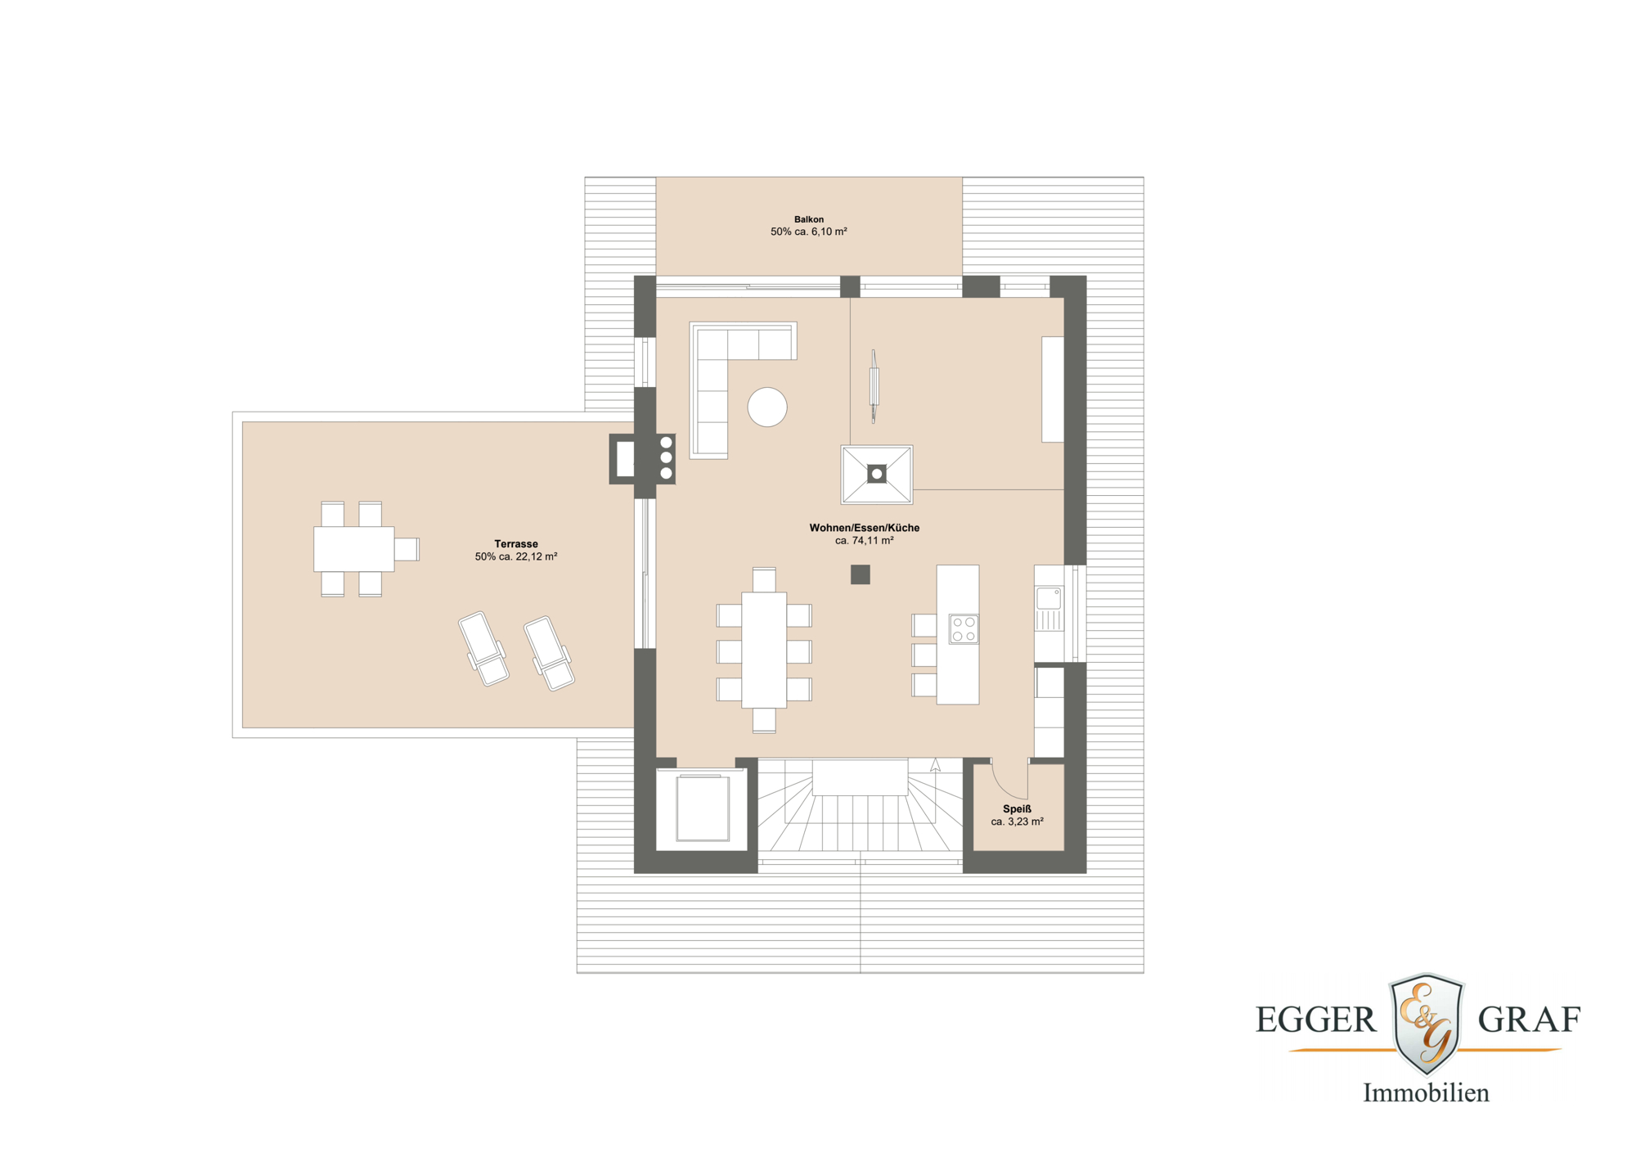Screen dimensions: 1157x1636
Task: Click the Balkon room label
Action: pos(808,219)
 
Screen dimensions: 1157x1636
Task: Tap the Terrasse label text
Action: pos(515,543)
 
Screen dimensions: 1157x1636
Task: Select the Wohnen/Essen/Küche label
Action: pos(864,528)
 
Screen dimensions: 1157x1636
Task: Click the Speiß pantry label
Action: pos(1017,808)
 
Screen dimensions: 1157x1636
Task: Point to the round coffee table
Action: pos(767,407)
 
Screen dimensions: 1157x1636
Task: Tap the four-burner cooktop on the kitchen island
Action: pos(964,629)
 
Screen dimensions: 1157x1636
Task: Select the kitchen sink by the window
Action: pos(1049,598)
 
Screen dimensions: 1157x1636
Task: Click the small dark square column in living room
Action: pos(860,574)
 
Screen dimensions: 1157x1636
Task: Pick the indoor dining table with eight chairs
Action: pos(764,650)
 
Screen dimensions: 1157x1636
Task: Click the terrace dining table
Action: pos(353,548)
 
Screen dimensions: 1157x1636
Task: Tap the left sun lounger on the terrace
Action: pos(483,649)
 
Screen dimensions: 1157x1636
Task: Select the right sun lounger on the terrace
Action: pos(549,653)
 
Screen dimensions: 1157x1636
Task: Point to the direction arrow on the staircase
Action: pos(935,765)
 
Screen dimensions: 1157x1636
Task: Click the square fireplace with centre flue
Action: pos(876,474)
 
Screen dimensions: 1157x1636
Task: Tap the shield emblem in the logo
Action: pos(1427,1023)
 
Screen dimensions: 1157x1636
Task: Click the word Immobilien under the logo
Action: pos(1426,1092)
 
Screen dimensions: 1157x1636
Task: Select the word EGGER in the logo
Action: pos(1315,1020)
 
